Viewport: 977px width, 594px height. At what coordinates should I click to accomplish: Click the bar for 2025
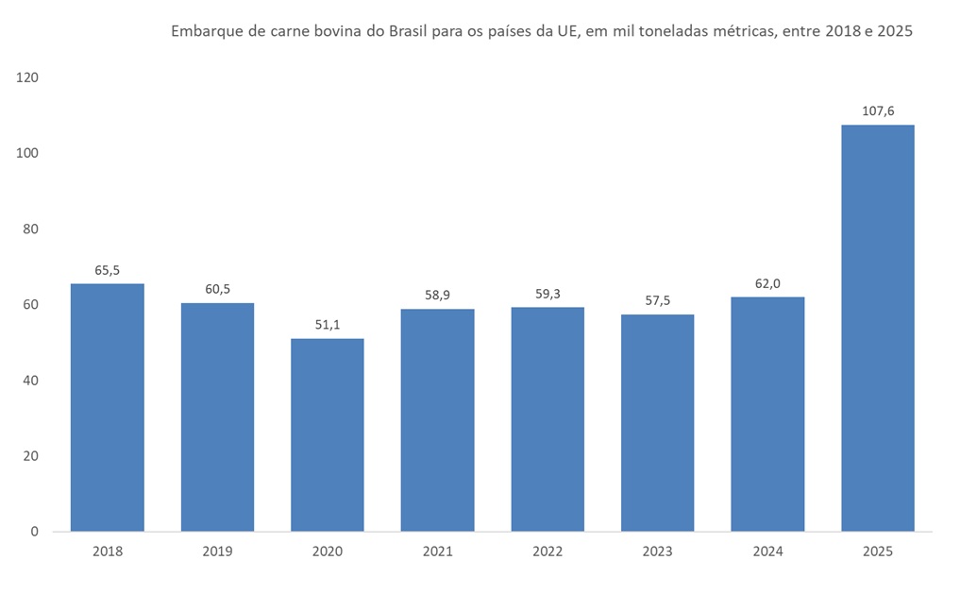pyautogui.click(x=877, y=328)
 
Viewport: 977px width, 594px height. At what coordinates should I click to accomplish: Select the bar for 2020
pyautogui.click(x=327, y=434)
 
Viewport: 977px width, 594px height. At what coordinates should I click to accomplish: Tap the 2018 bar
pyautogui.click(x=107, y=407)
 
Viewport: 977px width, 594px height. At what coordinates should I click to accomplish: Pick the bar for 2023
pyautogui.click(x=657, y=422)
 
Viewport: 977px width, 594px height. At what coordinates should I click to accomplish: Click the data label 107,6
pyautogui.click(x=877, y=110)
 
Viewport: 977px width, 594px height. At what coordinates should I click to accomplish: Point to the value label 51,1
pyautogui.click(x=327, y=324)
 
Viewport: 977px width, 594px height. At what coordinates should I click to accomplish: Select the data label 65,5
pyautogui.click(x=107, y=270)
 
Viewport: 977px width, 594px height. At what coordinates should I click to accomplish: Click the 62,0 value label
pyautogui.click(x=767, y=282)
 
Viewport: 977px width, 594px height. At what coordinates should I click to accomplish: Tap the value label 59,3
pyautogui.click(x=547, y=293)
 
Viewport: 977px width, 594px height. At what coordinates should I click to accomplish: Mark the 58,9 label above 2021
pyautogui.click(x=437, y=295)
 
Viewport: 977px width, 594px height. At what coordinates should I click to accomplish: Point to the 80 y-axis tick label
pyautogui.click(x=30, y=229)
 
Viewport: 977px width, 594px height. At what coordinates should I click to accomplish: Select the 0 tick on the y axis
pyautogui.click(x=34, y=532)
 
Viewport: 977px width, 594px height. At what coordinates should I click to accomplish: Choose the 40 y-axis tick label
pyautogui.click(x=30, y=381)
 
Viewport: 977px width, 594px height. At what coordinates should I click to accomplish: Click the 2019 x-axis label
pyautogui.click(x=217, y=552)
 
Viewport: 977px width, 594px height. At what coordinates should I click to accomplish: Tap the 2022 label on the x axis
pyautogui.click(x=547, y=552)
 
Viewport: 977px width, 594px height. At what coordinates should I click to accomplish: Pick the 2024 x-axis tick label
pyautogui.click(x=767, y=552)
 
